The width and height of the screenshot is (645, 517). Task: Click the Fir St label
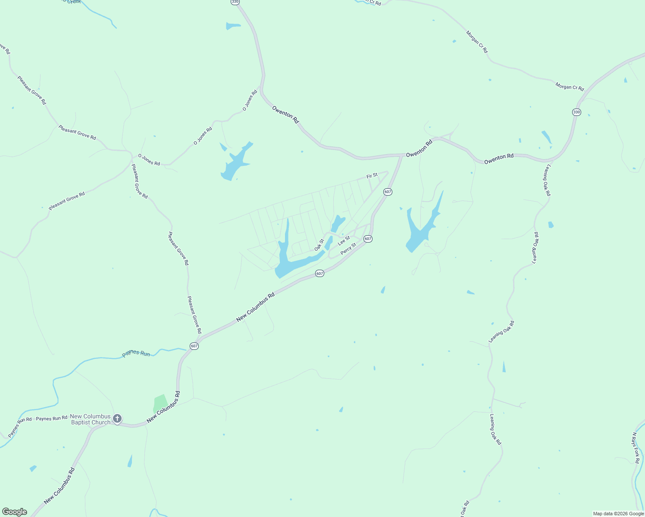pos(372,176)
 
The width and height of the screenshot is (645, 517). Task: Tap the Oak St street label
pos(319,245)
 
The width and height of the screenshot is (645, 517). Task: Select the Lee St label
pos(344,240)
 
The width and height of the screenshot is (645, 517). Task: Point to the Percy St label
pos(348,249)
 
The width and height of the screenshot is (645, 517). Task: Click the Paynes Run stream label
pos(136,353)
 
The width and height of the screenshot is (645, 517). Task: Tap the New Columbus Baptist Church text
pos(91,419)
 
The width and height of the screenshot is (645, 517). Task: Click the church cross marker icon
pos(117,418)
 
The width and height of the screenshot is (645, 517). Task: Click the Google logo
pos(14,512)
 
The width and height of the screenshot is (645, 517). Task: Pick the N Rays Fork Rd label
pos(636,448)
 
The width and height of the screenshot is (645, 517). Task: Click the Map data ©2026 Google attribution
pos(618,514)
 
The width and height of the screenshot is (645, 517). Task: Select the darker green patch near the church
pos(160,404)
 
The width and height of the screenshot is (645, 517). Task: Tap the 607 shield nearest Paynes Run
pos(194,346)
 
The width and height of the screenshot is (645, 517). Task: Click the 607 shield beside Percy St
pos(368,239)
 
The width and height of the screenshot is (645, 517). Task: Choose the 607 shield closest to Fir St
pos(388,192)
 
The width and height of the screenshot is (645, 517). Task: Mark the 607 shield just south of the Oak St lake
pos(319,274)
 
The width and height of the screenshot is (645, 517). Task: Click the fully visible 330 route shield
pos(577,112)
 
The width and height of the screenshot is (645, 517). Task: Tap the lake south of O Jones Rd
pos(235,164)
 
